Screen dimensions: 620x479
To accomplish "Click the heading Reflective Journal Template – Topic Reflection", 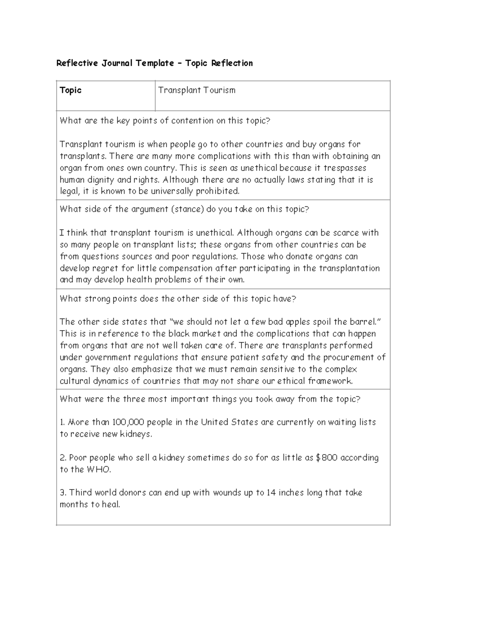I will [x=154, y=63].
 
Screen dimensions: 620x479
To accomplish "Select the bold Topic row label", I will [x=71, y=90].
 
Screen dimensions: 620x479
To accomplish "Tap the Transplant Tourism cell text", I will [x=197, y=90].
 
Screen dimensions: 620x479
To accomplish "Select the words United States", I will [x=229, y=422].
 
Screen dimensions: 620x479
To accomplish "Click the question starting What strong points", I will [x=178, y=299].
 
